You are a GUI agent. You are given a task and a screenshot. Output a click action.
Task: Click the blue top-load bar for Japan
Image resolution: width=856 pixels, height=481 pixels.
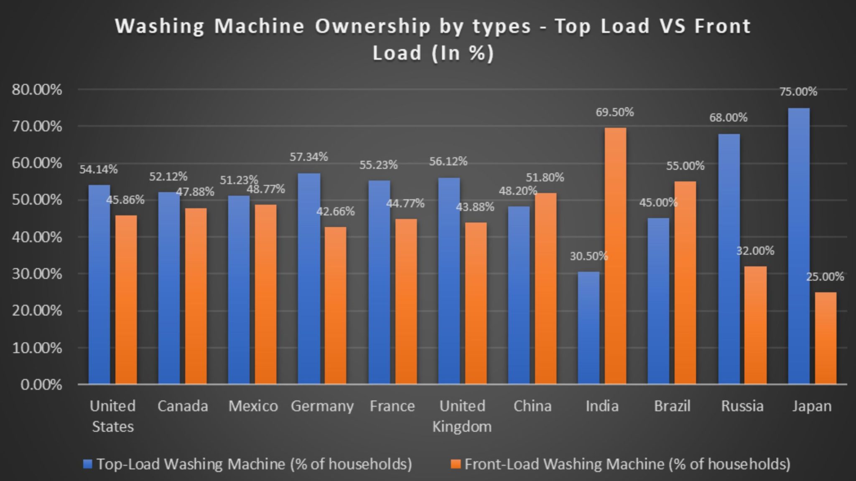point(798,246)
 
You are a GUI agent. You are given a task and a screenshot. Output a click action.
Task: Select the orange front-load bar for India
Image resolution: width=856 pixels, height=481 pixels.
point(615,256)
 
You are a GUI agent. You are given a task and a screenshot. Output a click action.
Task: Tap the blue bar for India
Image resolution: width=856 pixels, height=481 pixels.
point(588,328)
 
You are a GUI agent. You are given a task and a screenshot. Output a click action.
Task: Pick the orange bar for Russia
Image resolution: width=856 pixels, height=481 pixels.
point(756,325)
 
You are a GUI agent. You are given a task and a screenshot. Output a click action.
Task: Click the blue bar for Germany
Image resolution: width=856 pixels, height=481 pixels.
point(309,278)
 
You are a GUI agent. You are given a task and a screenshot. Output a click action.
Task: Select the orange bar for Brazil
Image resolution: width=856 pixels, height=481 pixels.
point(685,283)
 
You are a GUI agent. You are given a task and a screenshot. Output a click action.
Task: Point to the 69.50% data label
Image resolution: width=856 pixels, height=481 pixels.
point(614,112)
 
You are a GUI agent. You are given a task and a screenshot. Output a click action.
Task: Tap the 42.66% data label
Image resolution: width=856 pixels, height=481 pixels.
point(335,212)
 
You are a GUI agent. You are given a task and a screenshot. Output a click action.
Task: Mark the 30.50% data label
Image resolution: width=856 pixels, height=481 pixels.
point(588,256)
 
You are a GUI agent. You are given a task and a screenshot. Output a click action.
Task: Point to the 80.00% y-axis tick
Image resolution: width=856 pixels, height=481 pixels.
point(37,90)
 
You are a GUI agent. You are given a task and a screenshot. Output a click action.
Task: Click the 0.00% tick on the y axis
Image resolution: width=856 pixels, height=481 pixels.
point(41,385)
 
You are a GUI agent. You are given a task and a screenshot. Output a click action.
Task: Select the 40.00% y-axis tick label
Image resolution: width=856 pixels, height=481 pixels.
point(37,237)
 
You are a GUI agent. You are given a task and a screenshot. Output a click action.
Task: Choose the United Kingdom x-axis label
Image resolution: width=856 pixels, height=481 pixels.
point(462,416)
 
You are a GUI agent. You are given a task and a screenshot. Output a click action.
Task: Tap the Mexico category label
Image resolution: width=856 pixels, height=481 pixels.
point(253,406)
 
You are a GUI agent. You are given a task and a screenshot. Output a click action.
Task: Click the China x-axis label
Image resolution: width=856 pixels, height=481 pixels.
point(532,406)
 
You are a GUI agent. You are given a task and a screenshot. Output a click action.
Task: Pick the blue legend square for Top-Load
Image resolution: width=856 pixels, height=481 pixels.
point(88,464)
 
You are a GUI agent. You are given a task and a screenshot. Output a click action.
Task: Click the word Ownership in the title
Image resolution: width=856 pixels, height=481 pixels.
point(372,26)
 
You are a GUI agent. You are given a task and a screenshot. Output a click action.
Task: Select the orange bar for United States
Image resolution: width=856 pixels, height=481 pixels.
point(126,299)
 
